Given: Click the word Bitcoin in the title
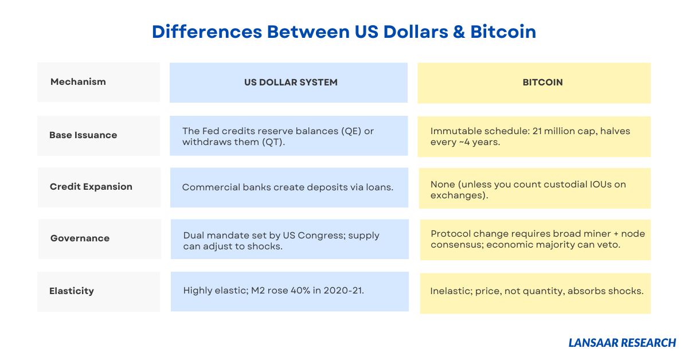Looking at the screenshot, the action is click(503, 32).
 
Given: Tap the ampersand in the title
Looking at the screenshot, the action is click(459, 32).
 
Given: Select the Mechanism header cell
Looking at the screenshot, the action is click(99, 82).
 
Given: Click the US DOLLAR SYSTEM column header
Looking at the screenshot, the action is click(289, 83).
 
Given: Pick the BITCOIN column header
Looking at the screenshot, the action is click(534, 83).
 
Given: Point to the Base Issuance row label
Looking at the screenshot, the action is click(83, 135).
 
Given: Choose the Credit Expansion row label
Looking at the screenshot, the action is click(91, 187).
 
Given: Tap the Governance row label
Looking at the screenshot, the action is click(80, 238).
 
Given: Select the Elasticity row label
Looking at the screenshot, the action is click(72, 291).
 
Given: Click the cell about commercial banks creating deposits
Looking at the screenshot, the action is click(290, 187).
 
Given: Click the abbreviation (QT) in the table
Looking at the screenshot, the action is click(273, 142).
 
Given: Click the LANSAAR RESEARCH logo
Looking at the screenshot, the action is click(622, 343).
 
